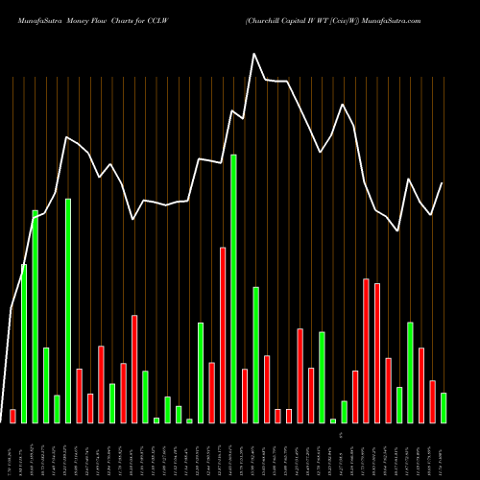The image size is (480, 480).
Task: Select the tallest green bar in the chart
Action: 233,288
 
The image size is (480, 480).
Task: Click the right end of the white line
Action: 443,182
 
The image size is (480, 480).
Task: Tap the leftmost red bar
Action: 12,416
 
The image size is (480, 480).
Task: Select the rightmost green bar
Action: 443,407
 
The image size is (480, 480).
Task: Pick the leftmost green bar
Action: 24,343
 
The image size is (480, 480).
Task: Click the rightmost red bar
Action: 432,401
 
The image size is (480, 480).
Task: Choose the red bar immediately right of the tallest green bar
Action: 245,396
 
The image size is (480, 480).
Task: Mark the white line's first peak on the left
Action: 66,137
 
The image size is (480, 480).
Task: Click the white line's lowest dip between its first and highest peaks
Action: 132,219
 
